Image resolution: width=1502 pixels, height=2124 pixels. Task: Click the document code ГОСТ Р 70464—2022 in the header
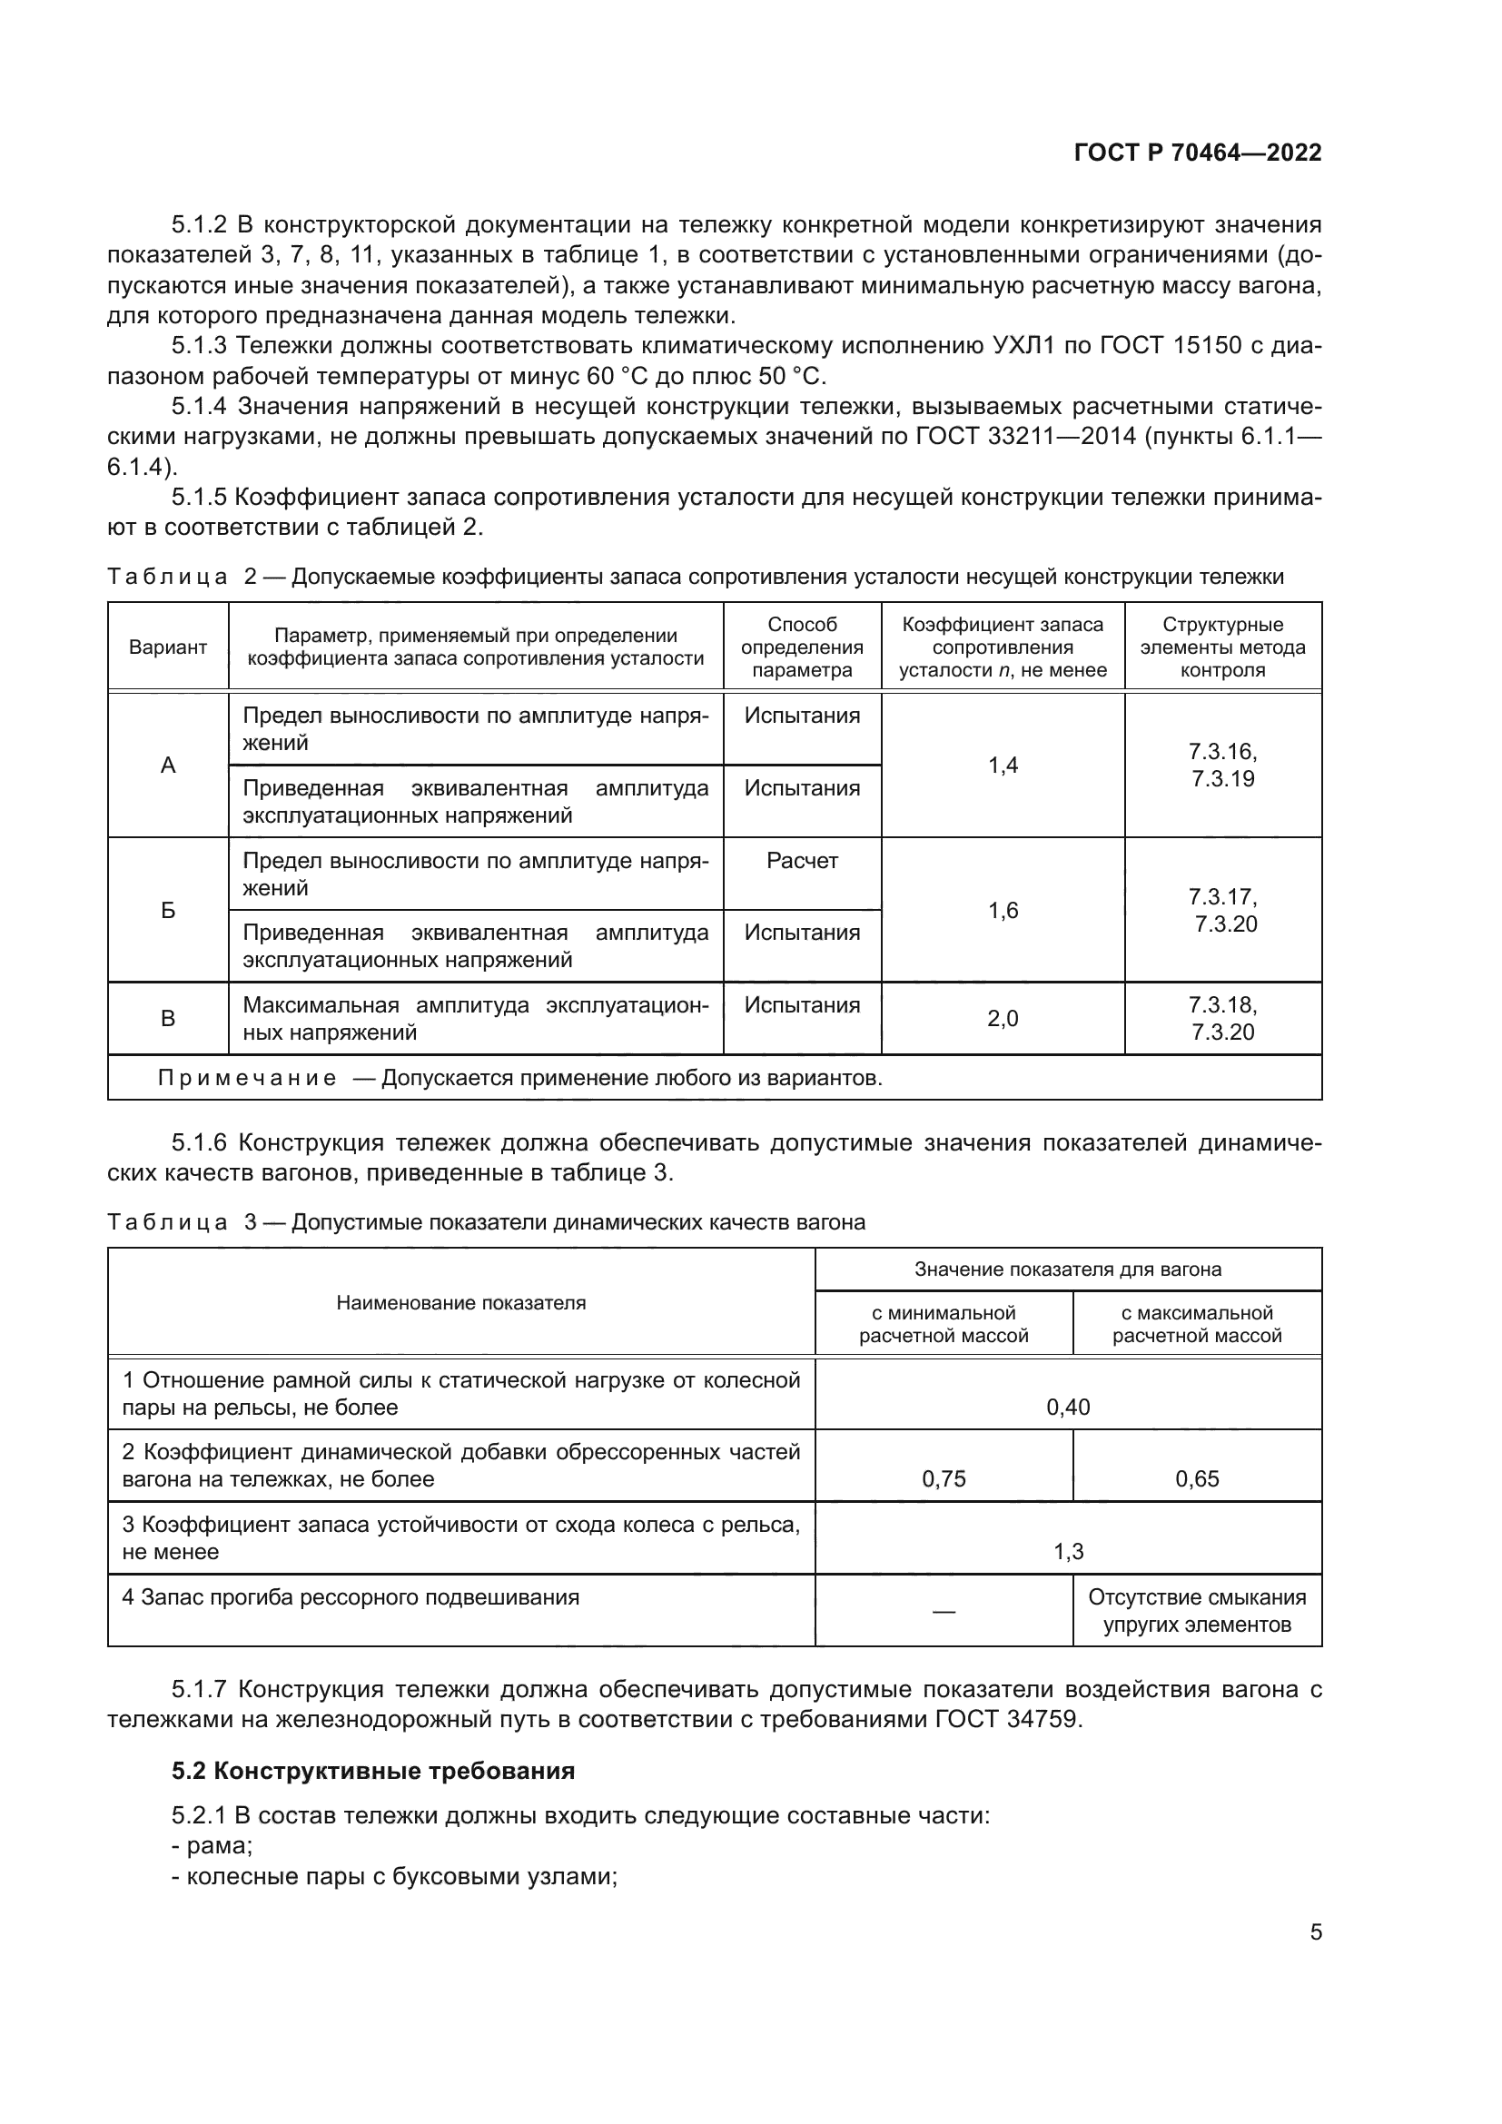(x=1197, y=153)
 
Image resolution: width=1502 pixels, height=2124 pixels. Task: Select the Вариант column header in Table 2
(x=167, y=647)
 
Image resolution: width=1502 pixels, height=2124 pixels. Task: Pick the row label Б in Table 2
(x=167, y=910)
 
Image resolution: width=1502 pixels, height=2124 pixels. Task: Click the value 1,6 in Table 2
(x=1003, y=911)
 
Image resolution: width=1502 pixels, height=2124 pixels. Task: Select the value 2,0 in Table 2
(x=1003, y=1020)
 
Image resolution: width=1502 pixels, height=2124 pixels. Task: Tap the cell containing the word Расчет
(x=802, y=861)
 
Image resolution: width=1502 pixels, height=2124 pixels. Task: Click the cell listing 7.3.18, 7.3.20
(x=1222, y=1019)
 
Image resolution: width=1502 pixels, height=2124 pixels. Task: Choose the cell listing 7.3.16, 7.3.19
(x=1222, y=765)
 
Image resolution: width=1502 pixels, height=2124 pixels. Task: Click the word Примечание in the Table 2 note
(x=247, y=1079)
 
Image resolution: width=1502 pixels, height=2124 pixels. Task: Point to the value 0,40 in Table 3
(x=1067, y=1407)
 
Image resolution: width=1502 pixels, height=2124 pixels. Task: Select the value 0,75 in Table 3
(x=944, y=1479)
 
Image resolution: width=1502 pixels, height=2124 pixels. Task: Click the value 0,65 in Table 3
(x=1197, y=1479)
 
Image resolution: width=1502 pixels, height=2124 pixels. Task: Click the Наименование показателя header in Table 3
(x=460, y=1303)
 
